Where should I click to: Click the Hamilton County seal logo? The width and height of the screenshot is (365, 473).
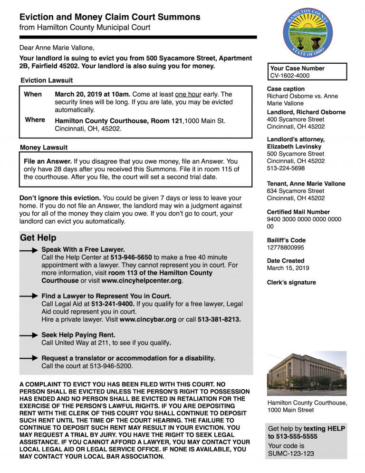(309, 32)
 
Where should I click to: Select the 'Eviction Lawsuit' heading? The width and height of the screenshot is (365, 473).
(47, 80)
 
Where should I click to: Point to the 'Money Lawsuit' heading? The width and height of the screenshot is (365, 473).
(44, 148)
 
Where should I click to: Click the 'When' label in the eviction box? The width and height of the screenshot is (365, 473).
(33, 94)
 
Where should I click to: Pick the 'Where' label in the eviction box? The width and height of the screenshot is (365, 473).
(35, 120)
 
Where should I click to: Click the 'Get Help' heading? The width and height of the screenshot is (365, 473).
(38, 238)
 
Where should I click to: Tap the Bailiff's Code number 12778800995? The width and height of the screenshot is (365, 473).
(285, 248)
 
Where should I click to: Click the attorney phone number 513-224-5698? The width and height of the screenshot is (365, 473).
(286, 168)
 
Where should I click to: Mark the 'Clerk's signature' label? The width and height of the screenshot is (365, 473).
(291, 282)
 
